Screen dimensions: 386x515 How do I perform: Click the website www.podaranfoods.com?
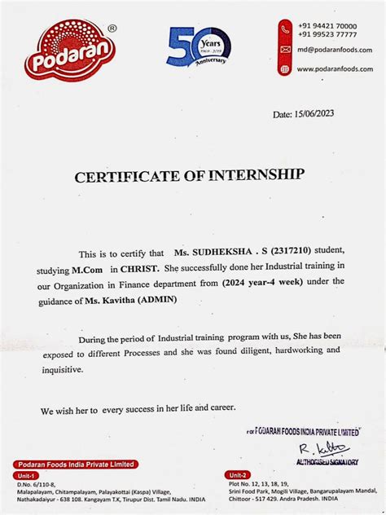[334, 69]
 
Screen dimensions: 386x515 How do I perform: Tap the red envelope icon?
[285, 50]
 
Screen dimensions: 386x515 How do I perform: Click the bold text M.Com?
[86, 267]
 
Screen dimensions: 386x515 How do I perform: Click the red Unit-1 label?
[29, 474]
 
